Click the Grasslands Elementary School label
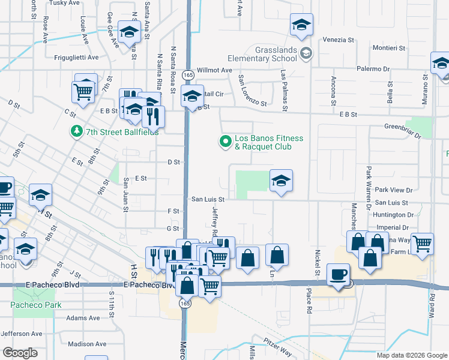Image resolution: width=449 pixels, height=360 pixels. tap(262, 54)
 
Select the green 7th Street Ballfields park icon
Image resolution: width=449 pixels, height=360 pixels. tap(77, 131)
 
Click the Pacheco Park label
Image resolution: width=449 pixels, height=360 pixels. tap(36, 305)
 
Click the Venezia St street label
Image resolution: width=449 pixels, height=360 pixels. tap(339, 40)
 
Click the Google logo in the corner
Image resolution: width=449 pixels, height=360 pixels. tap(20, 353)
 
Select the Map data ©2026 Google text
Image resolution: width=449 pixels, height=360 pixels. tap(412, 355)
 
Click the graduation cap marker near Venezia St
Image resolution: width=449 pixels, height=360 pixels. tap(301, 25)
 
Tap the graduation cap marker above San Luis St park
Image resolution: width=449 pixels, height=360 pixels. tap(280, 180)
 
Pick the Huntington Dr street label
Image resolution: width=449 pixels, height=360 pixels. tap(393, 214)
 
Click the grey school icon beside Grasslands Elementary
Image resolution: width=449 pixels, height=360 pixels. tap(306, 54)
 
